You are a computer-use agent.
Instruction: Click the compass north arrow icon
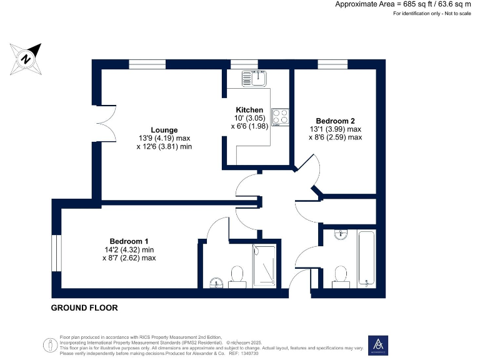(x=26, y=58)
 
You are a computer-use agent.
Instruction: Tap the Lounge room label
(x=164, y=130)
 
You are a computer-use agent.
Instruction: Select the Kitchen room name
(x=249, y=109)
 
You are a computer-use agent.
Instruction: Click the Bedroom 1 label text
(x=129, y=241)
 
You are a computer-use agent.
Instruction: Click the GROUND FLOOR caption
(x=84, y=307)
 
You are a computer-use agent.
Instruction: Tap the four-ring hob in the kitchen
(x=280, y=117)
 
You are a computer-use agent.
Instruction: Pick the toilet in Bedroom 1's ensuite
(x=237, y=276)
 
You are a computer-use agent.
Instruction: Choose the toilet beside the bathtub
(x=341, y=275)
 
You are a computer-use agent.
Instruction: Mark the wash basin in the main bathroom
(x=340, y=236)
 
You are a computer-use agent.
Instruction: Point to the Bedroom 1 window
(x=56, y=253)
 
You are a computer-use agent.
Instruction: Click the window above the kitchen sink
(x=244, y=64)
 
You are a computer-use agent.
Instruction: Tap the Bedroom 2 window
(x=332, y=64)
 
